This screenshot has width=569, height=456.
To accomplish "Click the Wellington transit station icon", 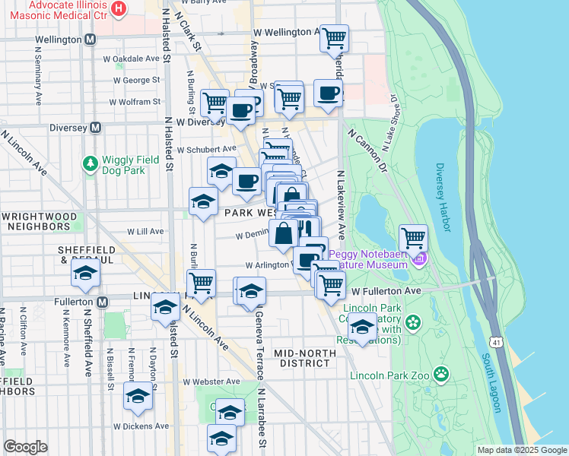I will [91, 39].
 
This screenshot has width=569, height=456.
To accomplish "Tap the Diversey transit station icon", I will [95, 128].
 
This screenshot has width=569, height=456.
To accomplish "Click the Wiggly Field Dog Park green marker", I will [91, 163].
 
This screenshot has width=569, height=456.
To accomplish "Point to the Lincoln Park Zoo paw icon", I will [440, 374].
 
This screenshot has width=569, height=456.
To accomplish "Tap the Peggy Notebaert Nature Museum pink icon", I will [418, 261].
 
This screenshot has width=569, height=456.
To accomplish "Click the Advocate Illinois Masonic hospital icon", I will [119, 8].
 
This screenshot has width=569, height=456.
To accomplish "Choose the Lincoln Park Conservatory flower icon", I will [413, 321].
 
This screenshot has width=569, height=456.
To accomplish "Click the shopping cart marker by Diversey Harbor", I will [413, 238].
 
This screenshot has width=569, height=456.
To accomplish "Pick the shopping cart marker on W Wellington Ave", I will [335, 37].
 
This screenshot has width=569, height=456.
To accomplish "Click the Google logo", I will [25, 447].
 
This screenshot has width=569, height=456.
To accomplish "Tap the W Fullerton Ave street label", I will [386, 290].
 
